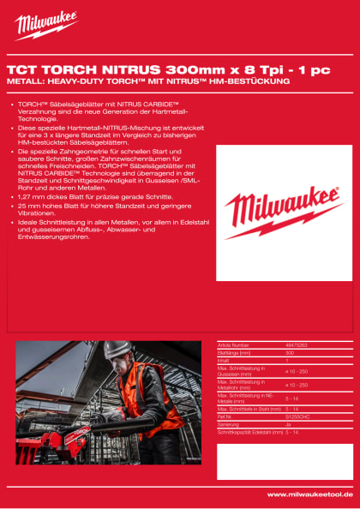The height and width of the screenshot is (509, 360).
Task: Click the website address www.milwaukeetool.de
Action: [310, 494]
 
